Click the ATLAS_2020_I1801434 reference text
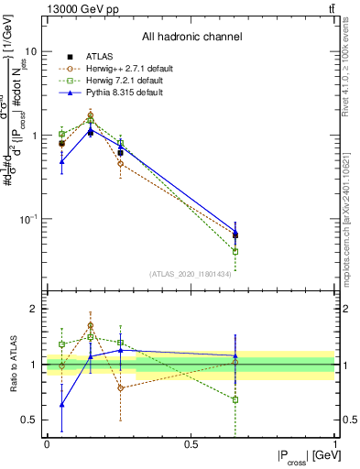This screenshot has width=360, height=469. pos(191,274)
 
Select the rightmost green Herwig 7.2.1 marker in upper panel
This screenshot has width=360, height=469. pos(235,251)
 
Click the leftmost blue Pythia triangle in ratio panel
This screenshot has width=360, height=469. pos(61,404)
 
